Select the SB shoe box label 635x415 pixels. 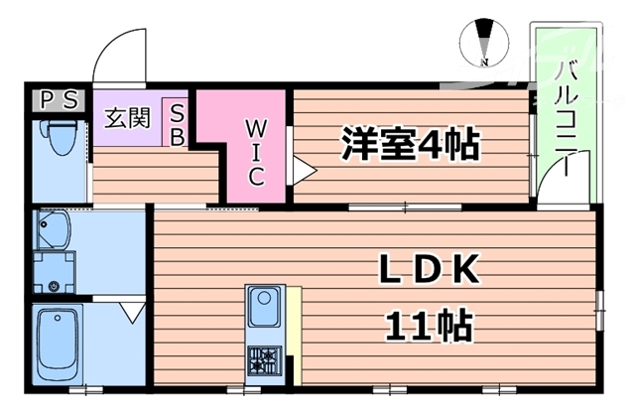pyautogui.click(x=177, y=124)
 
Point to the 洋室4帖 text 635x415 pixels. pyautogui.click(x=410, y=145)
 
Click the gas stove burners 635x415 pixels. pyautogui.click(x=266, y=359)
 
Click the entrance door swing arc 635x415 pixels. pyautogui.click(x=119, y=55)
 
